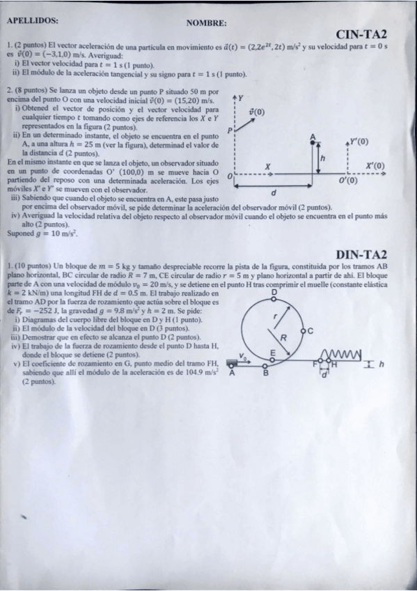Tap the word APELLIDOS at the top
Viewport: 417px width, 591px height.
coord(31,21)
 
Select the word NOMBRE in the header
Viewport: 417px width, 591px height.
coord(206,23)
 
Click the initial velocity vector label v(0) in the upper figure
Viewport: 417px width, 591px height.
coord(256,111)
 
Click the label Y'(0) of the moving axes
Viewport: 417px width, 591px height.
coord(359,141)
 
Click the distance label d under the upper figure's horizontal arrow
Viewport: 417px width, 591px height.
coord(274,192)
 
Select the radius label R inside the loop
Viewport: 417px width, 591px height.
coord(283,338)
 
